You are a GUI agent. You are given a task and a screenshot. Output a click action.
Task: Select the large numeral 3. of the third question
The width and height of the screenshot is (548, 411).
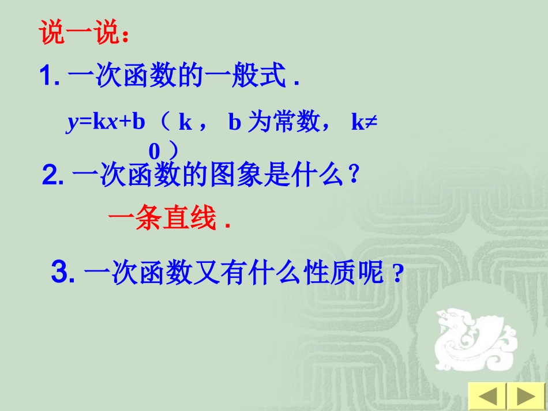63,272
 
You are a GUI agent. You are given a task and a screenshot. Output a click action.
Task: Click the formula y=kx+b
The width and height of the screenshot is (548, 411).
106,123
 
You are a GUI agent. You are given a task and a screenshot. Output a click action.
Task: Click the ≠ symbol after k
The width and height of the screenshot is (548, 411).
371,123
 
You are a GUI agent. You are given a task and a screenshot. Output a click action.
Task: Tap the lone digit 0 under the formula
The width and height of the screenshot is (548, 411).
154,151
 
